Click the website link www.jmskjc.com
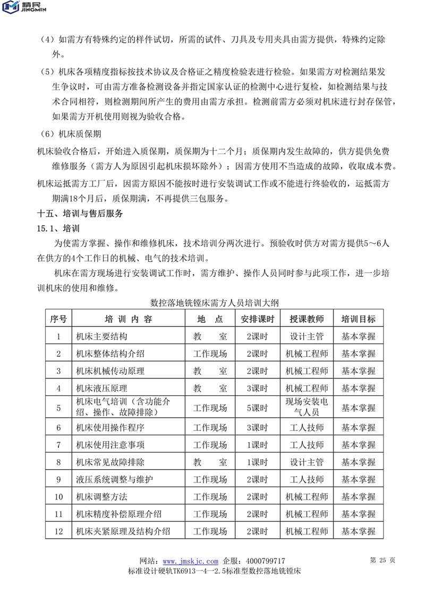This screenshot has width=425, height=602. (x=190, y=561)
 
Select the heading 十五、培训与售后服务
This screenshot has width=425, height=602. (x=80, y=214)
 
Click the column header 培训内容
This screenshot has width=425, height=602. (x=129, y=319)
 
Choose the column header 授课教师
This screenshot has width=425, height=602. (x=307, y=319)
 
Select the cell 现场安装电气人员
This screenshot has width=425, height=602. (x=307, y=408)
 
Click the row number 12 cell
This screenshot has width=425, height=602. (x=58, y=531)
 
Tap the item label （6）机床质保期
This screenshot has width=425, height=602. (x=71, y=134)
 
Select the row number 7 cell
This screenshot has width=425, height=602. (x=58, y=445)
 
